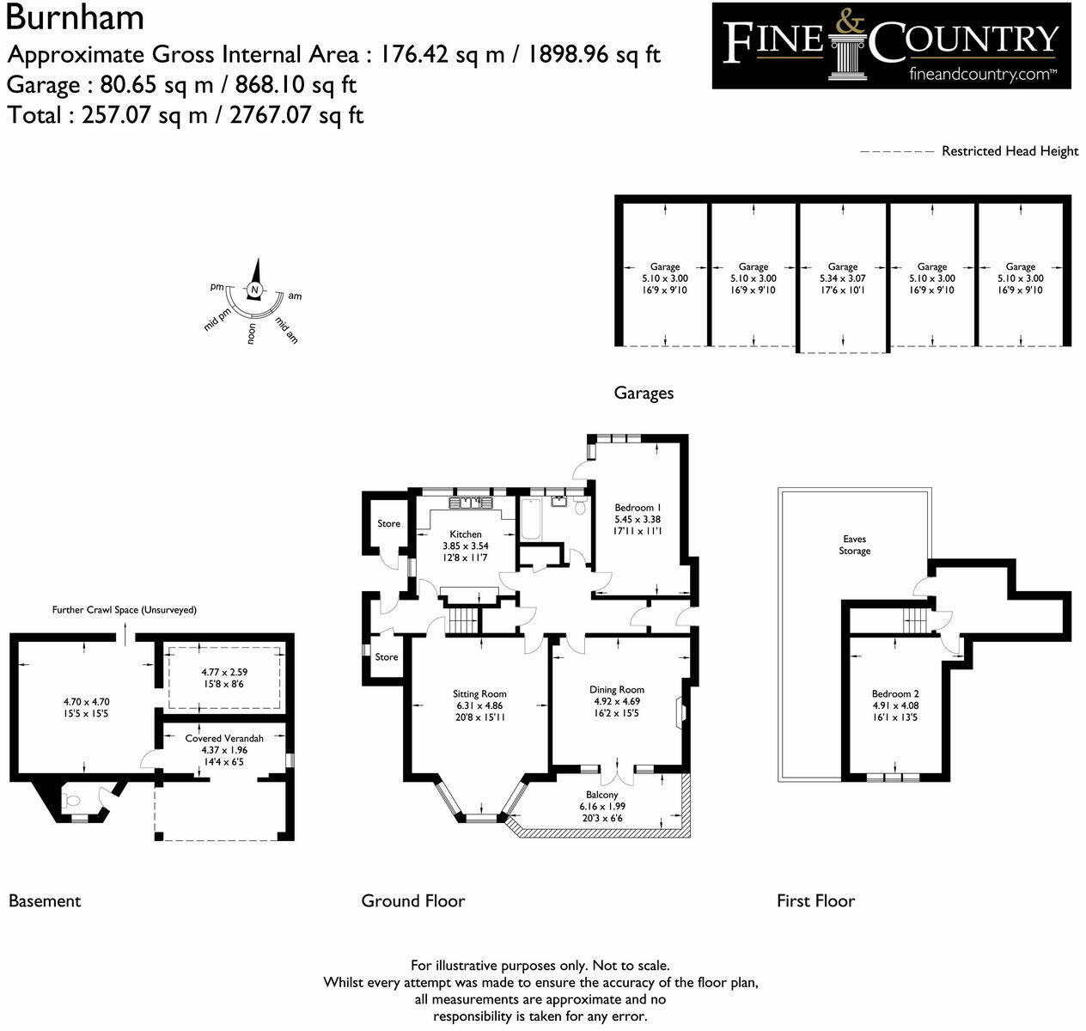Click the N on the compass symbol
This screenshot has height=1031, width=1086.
click(x=254, y=290)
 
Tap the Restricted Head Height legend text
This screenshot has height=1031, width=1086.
click(x=1009, y=151)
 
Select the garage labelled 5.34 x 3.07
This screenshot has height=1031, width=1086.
click(x=842, y=278)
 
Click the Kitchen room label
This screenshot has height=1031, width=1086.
click(x=466, y=534)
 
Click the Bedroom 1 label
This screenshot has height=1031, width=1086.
click(x=638, y=508)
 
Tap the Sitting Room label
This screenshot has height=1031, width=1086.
click(x=479, y=693)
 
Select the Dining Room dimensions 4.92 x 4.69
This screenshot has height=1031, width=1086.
click(x=616, y=701)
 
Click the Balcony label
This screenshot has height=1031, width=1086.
click(x=601, y=796)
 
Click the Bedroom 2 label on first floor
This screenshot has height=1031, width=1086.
click(x=895, y=693)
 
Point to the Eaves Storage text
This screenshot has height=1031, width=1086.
click(x=854, y=545)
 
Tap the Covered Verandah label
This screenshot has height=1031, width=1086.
click(x=223, y=738)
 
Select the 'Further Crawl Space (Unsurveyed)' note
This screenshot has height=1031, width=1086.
click(x=125, y=610)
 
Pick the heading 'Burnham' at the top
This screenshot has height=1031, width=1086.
click(x=75, y=17)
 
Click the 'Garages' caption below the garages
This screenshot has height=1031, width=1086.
click(x=644, y=393)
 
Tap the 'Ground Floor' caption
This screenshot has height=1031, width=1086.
click(x=412, y=900)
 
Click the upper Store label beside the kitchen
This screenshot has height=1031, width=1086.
click(x=388, y=523)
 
